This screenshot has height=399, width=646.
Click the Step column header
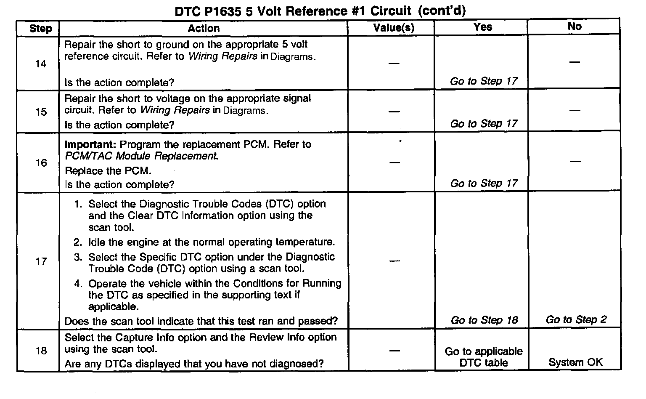(x=40, y=29)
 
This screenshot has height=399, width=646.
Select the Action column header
(x=204, y=28)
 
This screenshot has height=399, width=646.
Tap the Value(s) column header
(x=394, y=28)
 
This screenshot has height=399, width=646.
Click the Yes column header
(x=482, y=27)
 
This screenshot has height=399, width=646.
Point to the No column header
(x=575, y=26)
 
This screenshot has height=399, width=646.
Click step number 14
(x=41, y=64)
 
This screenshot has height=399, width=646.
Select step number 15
(x=41, y=112)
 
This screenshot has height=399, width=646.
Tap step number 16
(x=41, y=163)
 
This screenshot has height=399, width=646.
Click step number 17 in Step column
(x=41, y=261)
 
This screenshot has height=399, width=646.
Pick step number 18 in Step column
(x=41, y=351)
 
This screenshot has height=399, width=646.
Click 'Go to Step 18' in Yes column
(x=484, y=320)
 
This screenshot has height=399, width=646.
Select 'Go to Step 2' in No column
(x=576, y=319)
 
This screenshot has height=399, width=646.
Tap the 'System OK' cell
(x=575, y=362)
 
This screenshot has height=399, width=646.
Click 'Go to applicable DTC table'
(x=484, y=357)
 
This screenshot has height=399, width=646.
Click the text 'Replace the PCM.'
(x=108, y=171)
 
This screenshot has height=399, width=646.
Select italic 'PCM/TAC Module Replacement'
(x=141, y=156)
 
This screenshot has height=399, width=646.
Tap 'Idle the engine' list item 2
(x=212, y=242)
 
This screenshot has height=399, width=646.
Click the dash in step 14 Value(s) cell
(x=394, y=63)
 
